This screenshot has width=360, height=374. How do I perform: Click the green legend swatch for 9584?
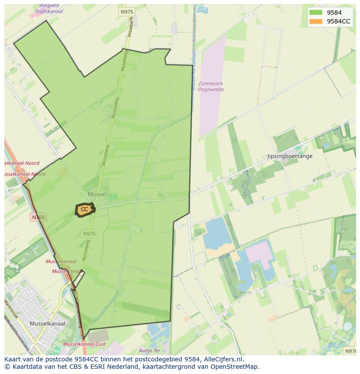point(316,13)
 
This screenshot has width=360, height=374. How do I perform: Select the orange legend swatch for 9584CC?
point(316,21)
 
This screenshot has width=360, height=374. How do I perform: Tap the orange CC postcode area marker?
point(84,209)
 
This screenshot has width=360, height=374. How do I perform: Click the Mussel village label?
point(97,194)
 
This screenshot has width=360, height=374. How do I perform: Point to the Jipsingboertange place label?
point(290,156)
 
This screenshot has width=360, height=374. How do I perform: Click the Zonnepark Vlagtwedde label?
point(210,86)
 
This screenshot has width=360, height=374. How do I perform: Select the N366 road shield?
point(38,217)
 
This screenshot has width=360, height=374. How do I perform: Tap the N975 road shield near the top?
point(127,12)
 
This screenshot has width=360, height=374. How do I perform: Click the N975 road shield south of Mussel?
point(89,234)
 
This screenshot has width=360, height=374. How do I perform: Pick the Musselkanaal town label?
point(47,324)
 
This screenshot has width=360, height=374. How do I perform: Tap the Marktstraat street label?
point(10,309)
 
